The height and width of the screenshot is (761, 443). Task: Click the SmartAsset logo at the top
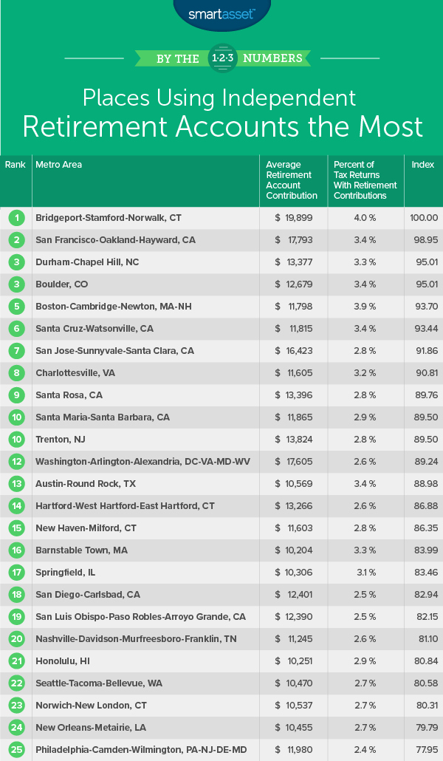221,13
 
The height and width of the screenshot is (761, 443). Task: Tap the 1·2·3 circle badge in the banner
221,58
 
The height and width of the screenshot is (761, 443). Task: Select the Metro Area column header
58,165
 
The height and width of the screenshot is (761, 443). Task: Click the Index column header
423,165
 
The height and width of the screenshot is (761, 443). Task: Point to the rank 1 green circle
16,218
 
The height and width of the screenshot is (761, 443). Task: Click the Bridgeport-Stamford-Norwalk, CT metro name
109,218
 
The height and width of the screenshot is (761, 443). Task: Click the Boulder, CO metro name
65,284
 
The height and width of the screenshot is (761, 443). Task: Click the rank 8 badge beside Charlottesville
16,373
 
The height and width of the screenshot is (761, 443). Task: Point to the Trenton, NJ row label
60,440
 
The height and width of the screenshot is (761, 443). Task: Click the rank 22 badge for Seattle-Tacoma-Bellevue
16,683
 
